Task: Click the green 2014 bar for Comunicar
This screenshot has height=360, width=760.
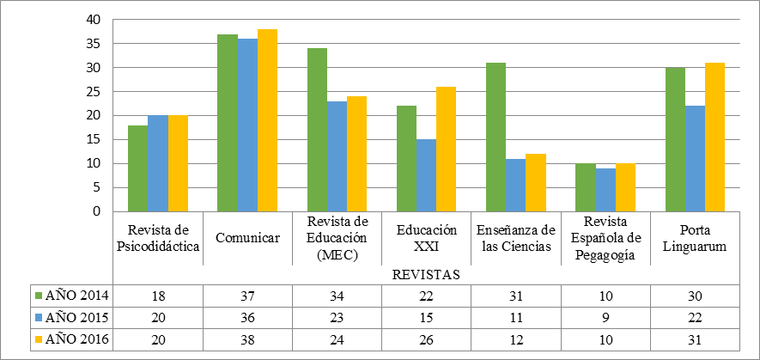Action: point(228,123)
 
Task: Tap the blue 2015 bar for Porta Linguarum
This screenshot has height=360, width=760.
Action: point(695,158)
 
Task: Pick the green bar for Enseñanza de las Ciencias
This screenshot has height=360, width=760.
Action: point(496,137)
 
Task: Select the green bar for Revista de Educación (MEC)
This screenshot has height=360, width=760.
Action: point(317,130)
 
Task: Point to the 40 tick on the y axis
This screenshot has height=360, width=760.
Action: point(95,20)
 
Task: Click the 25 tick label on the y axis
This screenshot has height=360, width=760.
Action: point(95,92)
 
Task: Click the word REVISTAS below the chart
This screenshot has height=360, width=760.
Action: point(427,275)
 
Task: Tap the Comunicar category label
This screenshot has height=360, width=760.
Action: point(248,238)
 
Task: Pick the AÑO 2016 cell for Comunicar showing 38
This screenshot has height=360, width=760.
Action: point(248,339)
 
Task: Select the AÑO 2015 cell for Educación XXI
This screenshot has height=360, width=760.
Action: point(427,317)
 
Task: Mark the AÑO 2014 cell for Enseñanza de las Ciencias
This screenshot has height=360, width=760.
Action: point(516,296)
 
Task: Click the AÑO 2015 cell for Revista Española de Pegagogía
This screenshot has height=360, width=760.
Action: point(605,317)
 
